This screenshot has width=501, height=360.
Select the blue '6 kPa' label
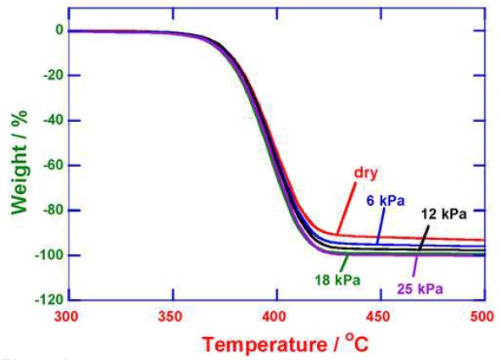(387, 201)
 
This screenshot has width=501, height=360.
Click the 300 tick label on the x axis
(67, 316)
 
